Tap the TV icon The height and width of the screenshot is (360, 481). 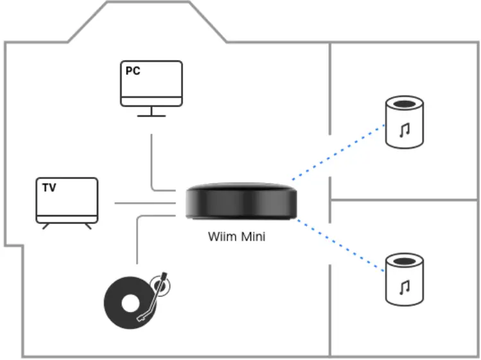[67, 200]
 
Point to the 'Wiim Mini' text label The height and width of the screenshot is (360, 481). [236, 237]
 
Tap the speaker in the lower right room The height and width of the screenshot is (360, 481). [404, 280]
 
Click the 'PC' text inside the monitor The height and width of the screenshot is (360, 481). [133, 71]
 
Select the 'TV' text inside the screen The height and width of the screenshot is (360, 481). [49, 188]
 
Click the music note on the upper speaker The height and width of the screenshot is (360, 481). [404, 131]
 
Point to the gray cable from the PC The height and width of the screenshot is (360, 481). [152, 160]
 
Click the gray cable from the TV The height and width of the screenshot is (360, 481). [144, 203]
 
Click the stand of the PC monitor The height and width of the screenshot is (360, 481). [152, 111]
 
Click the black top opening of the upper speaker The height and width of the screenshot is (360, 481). [404, 103]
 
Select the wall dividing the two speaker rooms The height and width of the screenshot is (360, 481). [405, 200]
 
